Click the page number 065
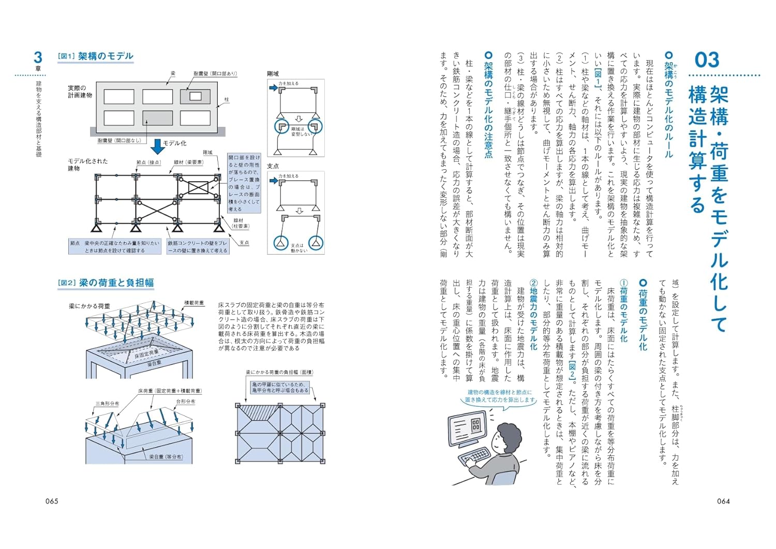[52, 501]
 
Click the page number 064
[723, 501]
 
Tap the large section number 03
[707, 60]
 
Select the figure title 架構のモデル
[106, 56]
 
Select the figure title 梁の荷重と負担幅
[116, 283]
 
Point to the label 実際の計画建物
[80, 92]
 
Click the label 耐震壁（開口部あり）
[215, 74]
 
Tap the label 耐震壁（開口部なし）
[119, 140]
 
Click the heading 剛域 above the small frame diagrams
[273, 74]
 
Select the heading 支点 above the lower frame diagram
[273, 166]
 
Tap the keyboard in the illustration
[475, 456]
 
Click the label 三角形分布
[107, 404]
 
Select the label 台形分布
[186, 402]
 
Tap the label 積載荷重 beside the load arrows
[194, 303]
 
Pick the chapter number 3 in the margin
[38, 57]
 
